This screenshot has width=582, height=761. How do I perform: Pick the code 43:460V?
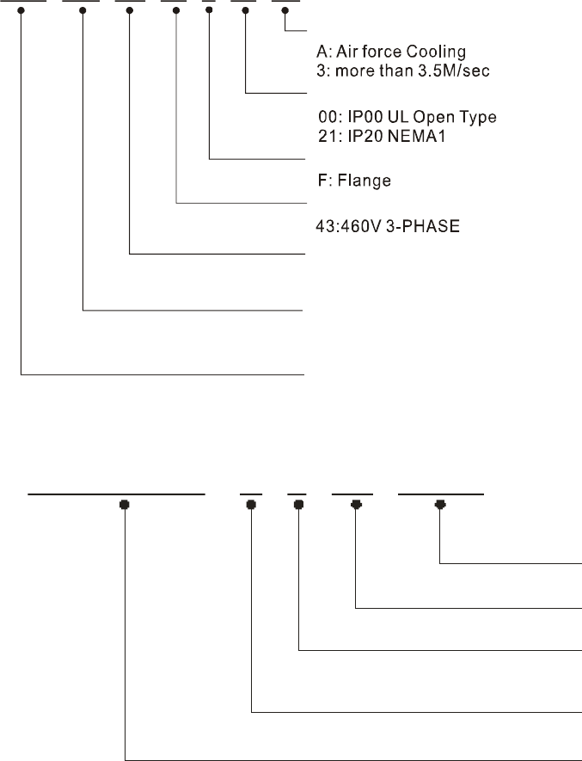343,230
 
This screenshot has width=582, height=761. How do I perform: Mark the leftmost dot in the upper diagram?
21,11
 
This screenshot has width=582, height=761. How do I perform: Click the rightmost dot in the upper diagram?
285,11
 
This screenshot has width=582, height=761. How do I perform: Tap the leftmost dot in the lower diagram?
126,505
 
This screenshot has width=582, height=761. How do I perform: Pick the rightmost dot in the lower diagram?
440,505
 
